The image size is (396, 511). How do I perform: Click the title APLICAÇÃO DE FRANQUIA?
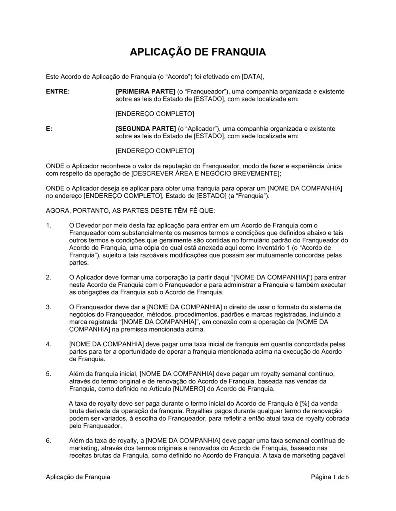(198, 52)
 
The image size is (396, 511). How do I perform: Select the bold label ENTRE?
(58, 92)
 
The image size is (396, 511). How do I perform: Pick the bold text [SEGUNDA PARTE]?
(145, 129)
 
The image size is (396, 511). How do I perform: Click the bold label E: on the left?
(49, 129)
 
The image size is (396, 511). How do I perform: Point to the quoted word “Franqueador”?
(203, 92)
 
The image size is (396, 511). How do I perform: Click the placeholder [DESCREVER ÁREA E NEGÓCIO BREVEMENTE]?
(206, 174)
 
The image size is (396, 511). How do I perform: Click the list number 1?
(48, 225)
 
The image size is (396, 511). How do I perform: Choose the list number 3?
(48, 307)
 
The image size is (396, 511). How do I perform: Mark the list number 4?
(48, 344)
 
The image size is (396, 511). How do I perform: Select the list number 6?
(48, 440)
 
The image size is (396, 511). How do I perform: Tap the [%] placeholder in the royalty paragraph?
(305, 404)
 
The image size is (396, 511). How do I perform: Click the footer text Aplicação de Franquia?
(78, 477)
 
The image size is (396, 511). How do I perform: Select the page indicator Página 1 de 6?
(330, 477)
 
